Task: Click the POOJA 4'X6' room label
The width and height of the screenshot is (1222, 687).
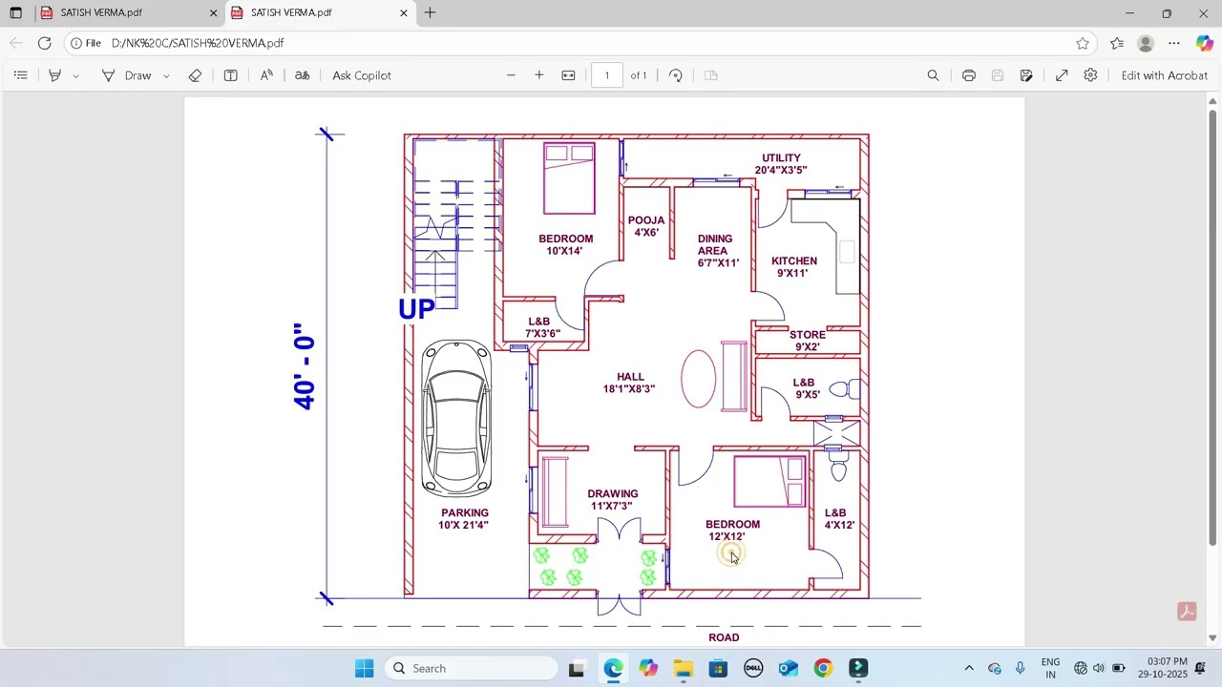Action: click(646, 226)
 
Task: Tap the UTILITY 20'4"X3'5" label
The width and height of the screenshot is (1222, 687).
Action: click(781, 164)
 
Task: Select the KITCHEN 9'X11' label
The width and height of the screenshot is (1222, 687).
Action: click(793, 267)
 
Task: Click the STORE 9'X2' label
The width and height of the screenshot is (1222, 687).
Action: click(807, 341)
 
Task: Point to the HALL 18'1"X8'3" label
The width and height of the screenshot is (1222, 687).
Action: click(629, 383)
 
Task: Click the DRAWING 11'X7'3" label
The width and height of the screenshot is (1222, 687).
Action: click(613, 500)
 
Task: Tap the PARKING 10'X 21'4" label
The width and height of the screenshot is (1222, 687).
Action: click(464, 519)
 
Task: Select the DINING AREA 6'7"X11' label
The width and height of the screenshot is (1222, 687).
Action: click(716, 251)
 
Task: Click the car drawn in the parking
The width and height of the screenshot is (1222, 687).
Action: click(456, 417)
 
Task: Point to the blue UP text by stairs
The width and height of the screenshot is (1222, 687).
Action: click(416, 309)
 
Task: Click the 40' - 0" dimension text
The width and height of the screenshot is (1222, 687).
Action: click(305, 367)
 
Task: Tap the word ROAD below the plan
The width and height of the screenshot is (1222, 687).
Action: click(724, 637)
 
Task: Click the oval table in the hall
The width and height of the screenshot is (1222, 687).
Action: click(699, 379)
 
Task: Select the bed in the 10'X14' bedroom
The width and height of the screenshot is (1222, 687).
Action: click(569, 177)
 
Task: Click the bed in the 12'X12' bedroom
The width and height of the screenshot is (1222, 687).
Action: click(769, 481)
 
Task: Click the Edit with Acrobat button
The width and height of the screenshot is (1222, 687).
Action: click(1164, 75)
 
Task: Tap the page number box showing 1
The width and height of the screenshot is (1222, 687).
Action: click(606, 75)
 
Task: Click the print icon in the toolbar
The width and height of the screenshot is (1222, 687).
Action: click(969, 75)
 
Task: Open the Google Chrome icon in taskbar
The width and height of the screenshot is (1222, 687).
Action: click(823, 668)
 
